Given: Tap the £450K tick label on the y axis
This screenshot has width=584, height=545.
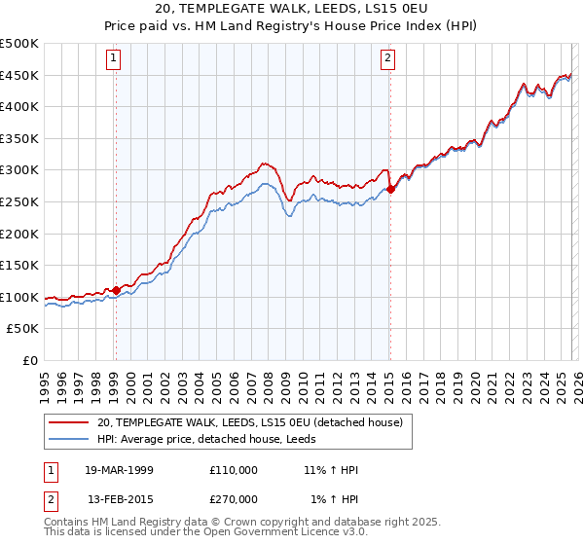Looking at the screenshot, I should point(19,76).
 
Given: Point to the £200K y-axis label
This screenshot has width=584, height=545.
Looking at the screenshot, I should point(19,234).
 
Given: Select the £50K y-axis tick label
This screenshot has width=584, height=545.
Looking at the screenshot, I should point(23,329).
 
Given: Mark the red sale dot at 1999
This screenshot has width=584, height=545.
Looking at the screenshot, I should point(116,290).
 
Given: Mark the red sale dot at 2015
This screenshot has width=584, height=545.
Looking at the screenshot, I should point(390,190).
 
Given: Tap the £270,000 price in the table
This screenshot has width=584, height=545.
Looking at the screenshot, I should point(234,499).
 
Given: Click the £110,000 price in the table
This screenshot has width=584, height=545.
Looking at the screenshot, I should point(234,470).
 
